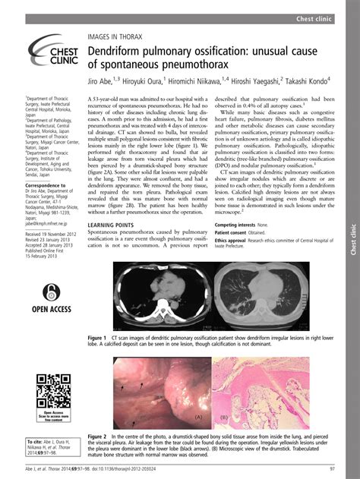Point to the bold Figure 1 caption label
(96, 336)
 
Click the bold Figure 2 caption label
(96, 437)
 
